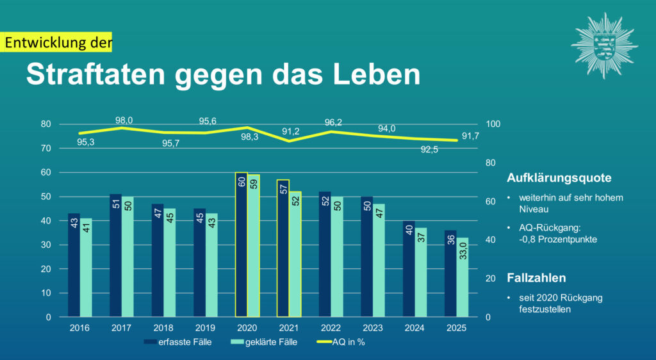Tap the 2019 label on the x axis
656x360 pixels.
(x=205, y=328)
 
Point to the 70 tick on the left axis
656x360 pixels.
(x=46, y=148)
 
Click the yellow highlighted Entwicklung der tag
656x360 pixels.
(x=58, y=43)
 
